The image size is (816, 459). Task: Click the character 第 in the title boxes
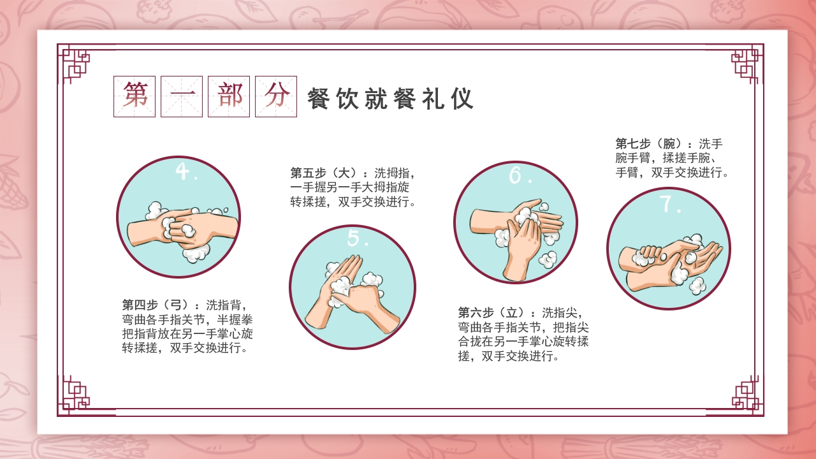(x=135, y=96)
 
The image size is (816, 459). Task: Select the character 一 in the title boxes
(x=182, y=96)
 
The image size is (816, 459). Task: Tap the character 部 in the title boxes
(x=229, y=96)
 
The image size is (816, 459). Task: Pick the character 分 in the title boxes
(x=276, y=96)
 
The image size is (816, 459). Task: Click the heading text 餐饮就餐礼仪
(x=390, y=99)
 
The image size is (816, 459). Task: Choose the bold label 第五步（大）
(x=326, y=173)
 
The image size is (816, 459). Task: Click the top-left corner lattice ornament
(x=75, y=63)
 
